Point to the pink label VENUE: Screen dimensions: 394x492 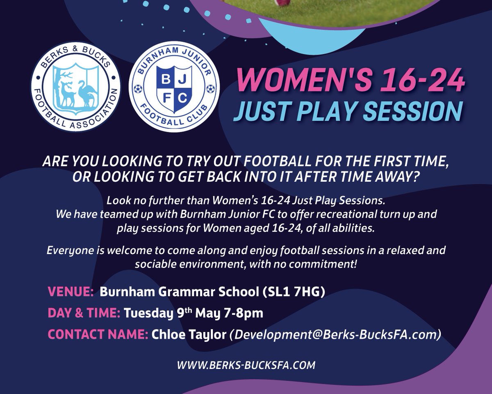(x=71, y=291)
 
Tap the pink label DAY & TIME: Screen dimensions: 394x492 (x=84, y=313)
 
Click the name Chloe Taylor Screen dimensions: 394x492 (x=189, y=334)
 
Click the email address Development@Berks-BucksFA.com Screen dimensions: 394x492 (x=335, y=334)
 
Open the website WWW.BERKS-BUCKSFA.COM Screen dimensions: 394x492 (x=246, y=364)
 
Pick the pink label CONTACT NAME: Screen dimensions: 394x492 (x=98, y=334)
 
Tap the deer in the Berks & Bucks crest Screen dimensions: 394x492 (x=66, y=92)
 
